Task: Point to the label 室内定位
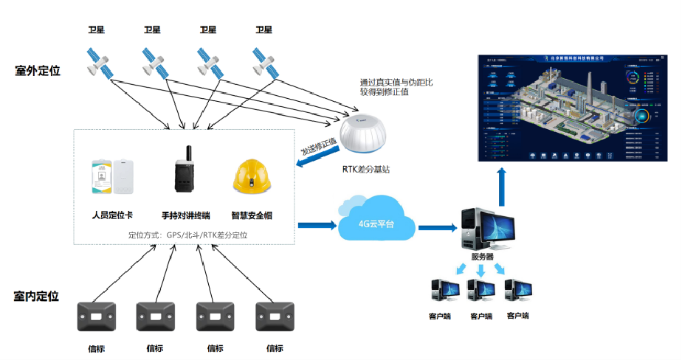pyautogui.click(x=36, y=296)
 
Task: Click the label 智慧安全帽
pyautogui.click(x=252, y=215)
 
